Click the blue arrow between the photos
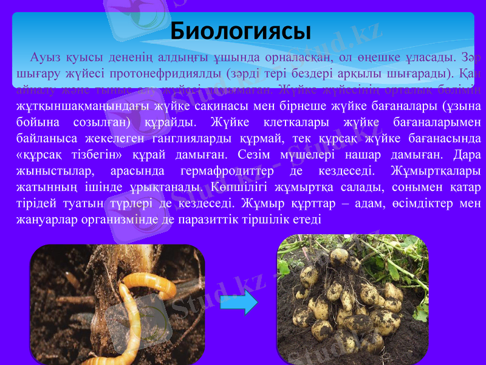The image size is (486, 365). click(x=239, y=302)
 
